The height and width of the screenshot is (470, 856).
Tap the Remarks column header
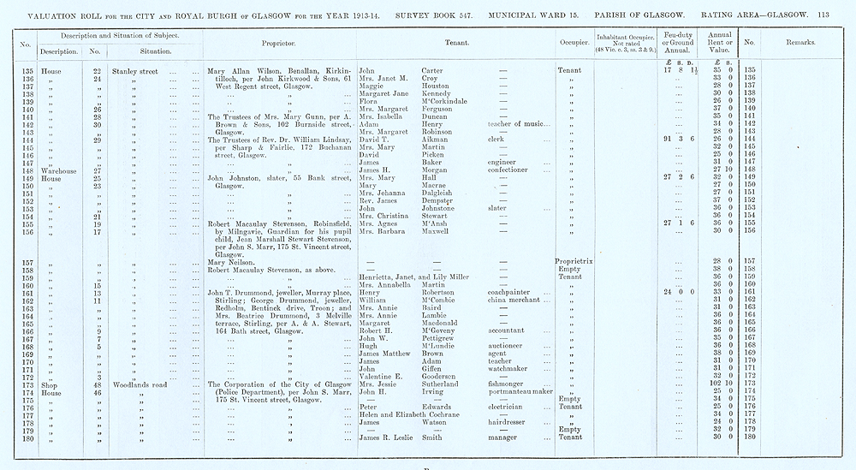(x=795, y=42)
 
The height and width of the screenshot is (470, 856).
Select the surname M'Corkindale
(x=448, y=101)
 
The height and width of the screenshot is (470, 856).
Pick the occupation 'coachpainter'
(x=511, y=292)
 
